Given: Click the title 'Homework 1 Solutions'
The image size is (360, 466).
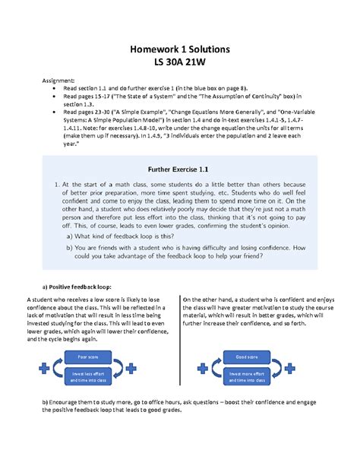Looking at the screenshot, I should [179, 49].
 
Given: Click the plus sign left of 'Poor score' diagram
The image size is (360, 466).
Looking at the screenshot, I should [42, 368].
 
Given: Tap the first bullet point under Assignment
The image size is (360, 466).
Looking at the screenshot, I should [53, 87].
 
